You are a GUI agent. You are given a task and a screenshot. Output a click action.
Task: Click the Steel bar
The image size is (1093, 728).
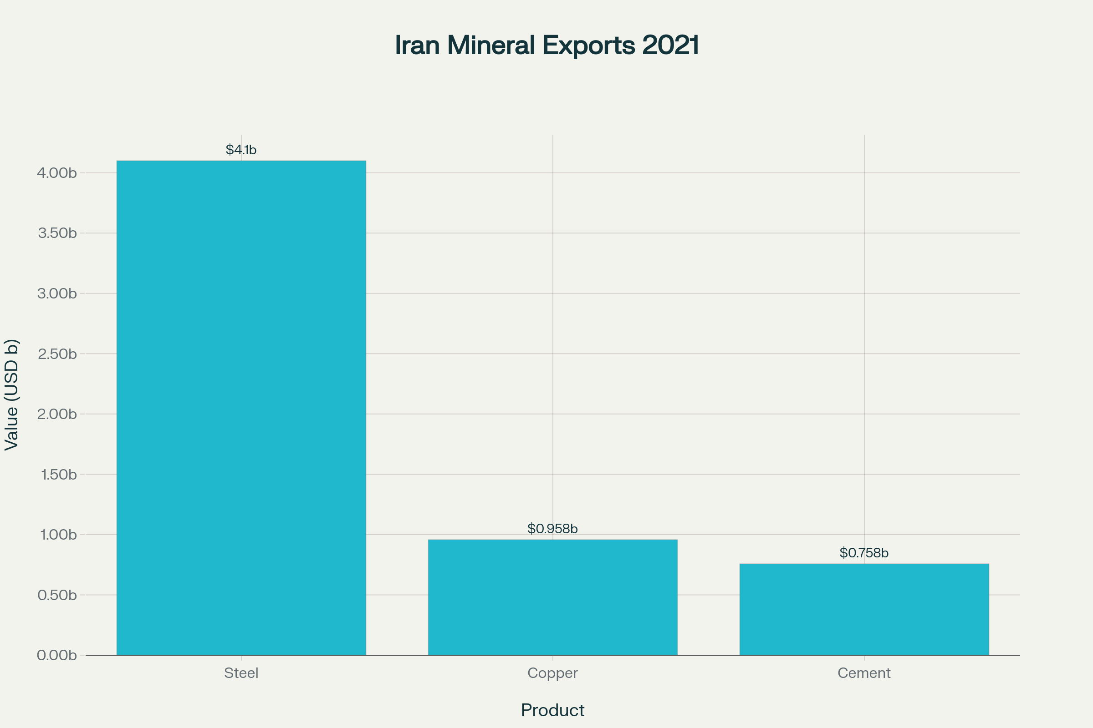pyautogui.click(x=241, y=408)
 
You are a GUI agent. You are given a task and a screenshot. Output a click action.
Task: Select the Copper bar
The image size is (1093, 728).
pyautogui.click(x=552, y=597)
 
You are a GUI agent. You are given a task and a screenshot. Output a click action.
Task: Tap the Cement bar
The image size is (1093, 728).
pyautogui.click(x=864, y=609)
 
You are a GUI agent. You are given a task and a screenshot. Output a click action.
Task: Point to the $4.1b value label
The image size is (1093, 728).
pyautogui.click(x=241, y=150)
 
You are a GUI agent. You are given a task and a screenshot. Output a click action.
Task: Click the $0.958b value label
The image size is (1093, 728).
pyautogui.click(x=552, y=528)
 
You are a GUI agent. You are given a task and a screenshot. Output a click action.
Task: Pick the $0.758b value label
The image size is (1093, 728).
pyautogui.click(x=864, y=552)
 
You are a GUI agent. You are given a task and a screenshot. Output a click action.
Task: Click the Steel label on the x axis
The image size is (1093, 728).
pyautogui.click(x=241, y=673)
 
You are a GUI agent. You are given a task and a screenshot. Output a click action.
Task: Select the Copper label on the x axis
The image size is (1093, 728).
pyautogui.click(x=552, y=673)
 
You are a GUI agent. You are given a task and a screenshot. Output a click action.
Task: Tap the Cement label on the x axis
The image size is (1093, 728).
pyautogui.click(x=864, y=673)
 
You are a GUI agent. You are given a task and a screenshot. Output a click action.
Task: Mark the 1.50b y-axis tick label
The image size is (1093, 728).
pyautogui.click(x=59, y=475)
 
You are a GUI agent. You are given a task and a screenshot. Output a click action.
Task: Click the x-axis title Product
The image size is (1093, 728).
pyautogui.click(x=552, y=710)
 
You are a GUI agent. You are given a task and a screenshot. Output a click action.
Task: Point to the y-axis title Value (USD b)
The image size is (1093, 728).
pyautogui.click(x=11, y=394)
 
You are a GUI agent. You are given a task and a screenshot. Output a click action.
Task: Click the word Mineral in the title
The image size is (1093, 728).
pyautogui.click(x=491, y=45)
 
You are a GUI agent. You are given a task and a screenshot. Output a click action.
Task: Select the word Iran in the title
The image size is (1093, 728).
pyautogui.click(x=417, y=45)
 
